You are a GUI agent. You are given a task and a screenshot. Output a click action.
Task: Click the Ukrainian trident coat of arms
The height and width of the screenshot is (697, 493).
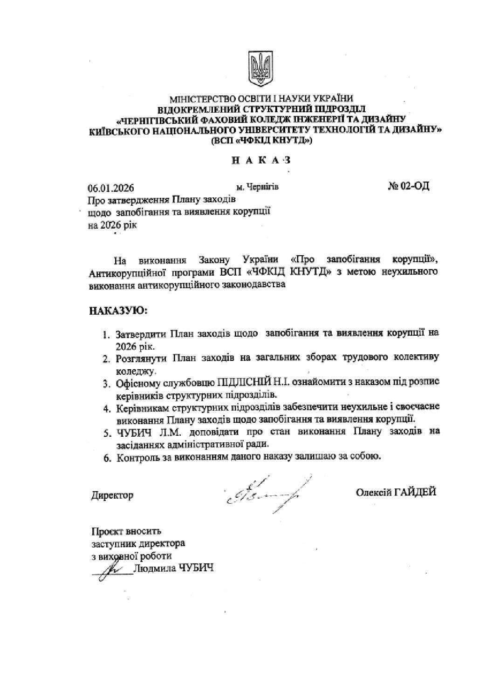click(260, 70)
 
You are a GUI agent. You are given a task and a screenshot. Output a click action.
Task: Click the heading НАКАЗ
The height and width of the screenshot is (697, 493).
click(261, 161)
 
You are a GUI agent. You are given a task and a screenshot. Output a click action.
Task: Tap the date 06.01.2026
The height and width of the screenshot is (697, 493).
click(111, 188)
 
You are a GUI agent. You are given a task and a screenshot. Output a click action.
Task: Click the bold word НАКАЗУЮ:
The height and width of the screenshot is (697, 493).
click(118, 310)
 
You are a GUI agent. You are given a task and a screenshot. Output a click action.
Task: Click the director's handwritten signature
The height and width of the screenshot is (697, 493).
click(263, 494)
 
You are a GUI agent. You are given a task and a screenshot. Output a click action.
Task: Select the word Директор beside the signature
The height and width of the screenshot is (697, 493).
click(112, 495)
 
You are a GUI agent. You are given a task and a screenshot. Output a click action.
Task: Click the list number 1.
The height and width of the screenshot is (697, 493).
click(106, 335)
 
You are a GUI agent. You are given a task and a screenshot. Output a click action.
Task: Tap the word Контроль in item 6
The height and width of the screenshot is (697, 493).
click(137, 457)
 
